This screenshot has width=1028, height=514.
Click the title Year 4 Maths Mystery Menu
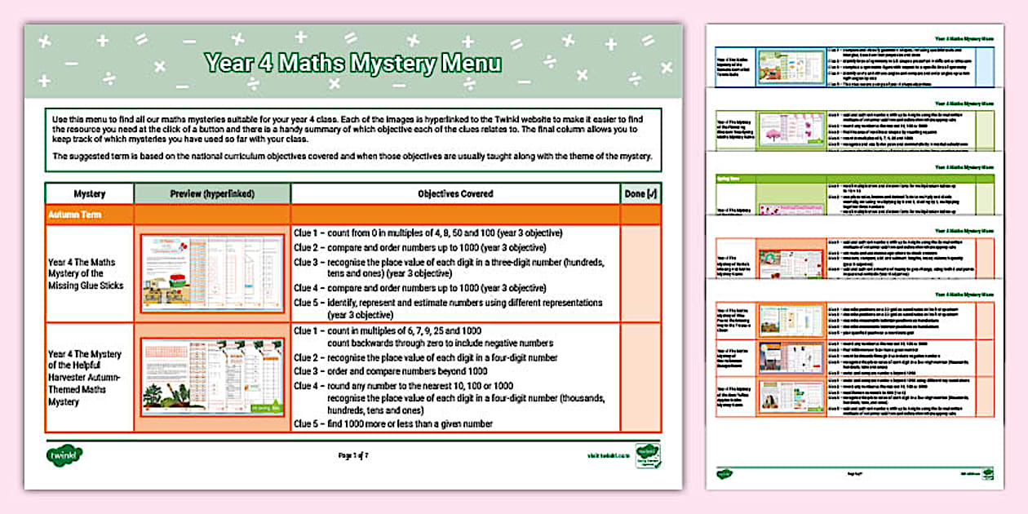pos(352,64)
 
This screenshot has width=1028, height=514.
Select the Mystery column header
pos(89,194)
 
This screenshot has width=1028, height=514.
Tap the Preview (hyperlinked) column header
pos(212,194)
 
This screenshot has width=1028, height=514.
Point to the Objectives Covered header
pos(454,194)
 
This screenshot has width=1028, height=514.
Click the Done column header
pos(640,194)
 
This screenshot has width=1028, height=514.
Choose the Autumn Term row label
pos(74,215)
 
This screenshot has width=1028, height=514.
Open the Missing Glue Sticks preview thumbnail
pos(212,273)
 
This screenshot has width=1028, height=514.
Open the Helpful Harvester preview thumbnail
pos(212,376)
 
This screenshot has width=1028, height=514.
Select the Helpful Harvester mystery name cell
pos(86,378)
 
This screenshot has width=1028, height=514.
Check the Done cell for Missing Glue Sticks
pos(640,273)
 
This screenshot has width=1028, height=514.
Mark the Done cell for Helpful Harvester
pos(640,376)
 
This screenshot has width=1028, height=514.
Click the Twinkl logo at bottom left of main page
pos(64,454)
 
